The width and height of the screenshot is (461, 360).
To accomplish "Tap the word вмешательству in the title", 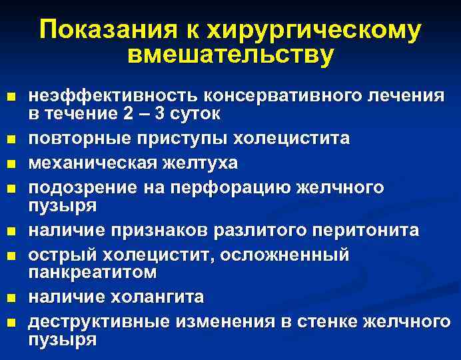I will (230, 55).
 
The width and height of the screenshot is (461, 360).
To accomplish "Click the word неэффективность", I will (114, 95).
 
